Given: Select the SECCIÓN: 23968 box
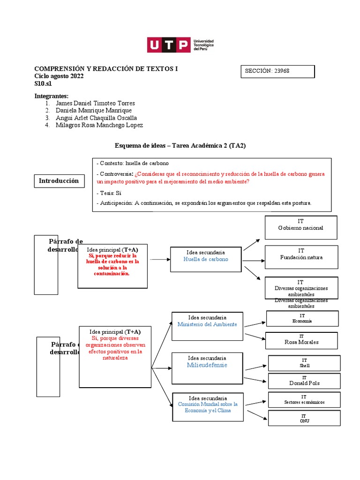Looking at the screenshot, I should pos(277,71).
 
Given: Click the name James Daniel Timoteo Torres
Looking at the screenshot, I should pos(95,103).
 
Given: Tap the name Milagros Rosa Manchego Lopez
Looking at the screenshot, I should pos(99,125).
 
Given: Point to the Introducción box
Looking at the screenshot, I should pos(59,181).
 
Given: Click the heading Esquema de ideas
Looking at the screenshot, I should pos(180,146).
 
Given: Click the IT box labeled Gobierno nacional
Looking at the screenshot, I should pos(300,228).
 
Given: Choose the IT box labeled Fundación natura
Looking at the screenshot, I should pos(301,257).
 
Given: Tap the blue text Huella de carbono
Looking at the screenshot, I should pos(206,259).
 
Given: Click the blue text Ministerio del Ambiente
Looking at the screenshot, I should pos(207,324).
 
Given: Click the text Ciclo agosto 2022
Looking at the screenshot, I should pos(59,76).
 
